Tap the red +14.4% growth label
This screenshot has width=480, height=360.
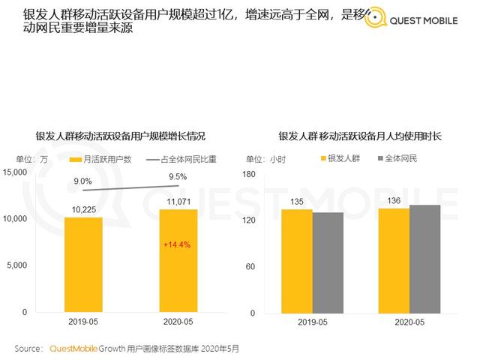178,244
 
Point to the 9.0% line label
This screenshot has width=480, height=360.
83,181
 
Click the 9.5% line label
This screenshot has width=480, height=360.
178,176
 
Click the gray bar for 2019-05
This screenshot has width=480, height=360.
328,262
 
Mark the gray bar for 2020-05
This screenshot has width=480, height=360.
424,258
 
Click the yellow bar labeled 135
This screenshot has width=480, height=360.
297,260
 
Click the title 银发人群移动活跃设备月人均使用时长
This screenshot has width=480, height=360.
360,136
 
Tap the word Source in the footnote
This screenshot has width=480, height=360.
28,349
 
